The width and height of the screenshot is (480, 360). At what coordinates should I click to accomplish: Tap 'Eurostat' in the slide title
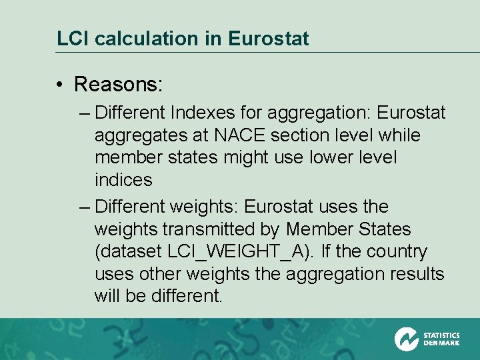(268, 39)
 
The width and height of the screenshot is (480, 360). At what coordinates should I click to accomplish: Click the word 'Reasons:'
(119, 85)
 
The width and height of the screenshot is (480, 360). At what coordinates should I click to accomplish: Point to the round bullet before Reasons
(60, 85)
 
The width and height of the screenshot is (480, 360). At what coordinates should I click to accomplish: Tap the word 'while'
(399, 135)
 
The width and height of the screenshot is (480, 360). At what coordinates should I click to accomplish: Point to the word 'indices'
(123, 180)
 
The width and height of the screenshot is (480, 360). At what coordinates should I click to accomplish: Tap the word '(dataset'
(128, 252)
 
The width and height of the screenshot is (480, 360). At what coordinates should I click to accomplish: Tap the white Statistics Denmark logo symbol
(406, 339)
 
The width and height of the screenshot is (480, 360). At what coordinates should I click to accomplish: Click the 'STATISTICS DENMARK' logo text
(441, 339)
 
